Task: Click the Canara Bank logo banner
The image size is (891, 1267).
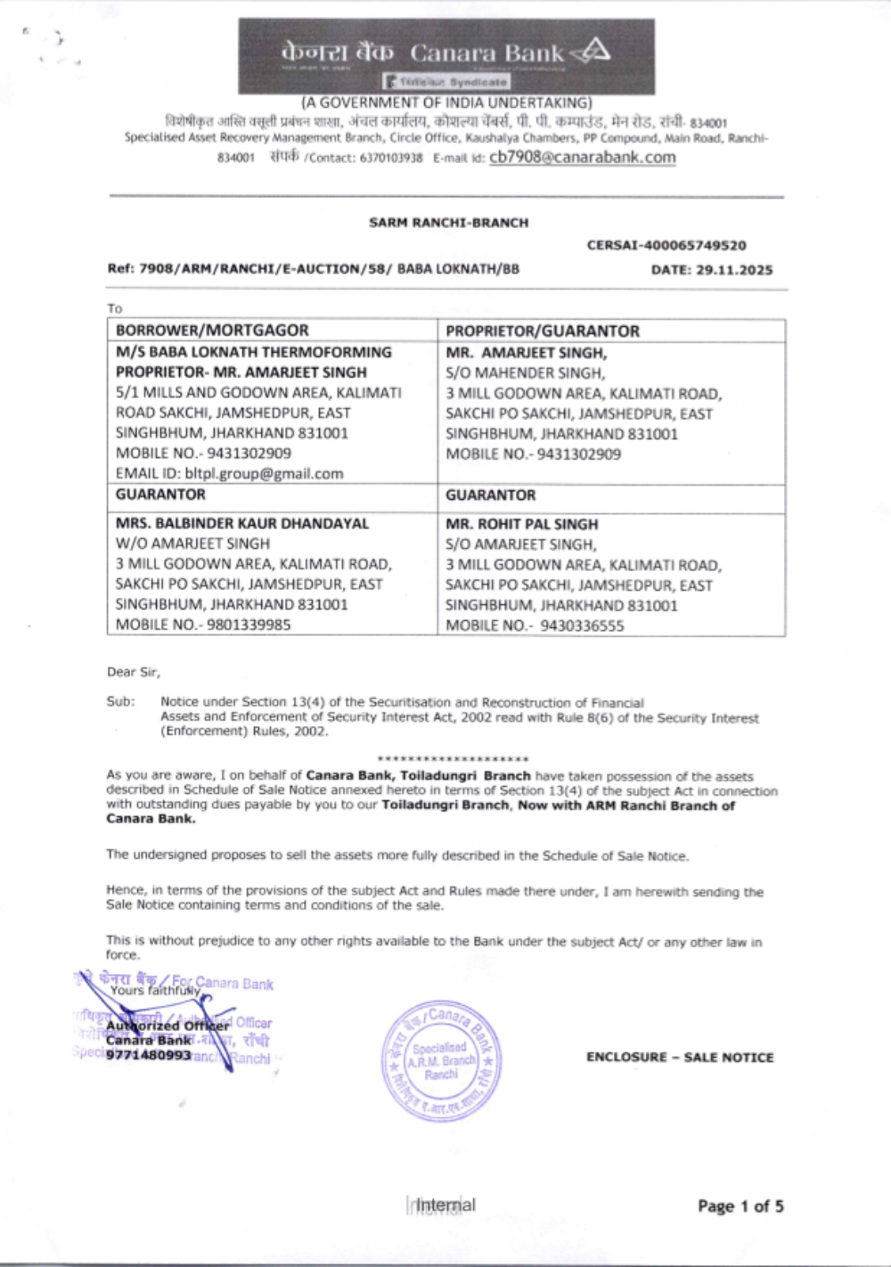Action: click(x=445, y=56)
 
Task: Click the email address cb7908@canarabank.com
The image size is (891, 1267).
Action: click(x=582, y=158)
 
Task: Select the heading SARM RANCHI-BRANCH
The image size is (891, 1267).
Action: click(x=448, y=223)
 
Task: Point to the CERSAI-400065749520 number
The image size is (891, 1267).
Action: click(x=666, y=245)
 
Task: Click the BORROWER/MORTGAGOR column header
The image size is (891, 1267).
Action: click(x=212, y=330)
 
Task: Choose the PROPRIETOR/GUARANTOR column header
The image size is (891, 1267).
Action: click(x=542, y=331)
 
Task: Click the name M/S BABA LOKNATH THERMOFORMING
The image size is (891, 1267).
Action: click(x=253, y=352)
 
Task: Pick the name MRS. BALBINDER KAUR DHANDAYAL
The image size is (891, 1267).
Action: click(x=241, y=523)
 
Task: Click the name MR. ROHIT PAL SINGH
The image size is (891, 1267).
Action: click(x=521, y=524)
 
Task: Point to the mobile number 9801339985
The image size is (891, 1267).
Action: click(x=249, y=625)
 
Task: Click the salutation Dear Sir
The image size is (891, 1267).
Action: click(x=134, y=672)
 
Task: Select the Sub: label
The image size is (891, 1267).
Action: click(x=120, y=701)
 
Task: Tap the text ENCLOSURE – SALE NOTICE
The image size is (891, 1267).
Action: click(x=679, y=1058)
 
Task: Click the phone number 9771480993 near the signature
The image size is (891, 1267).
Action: click(x=148, y=1055)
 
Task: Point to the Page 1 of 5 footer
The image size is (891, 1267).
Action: click(x=740, y=1206)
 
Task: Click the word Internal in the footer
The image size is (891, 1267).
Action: click(x=445, y=1205)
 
